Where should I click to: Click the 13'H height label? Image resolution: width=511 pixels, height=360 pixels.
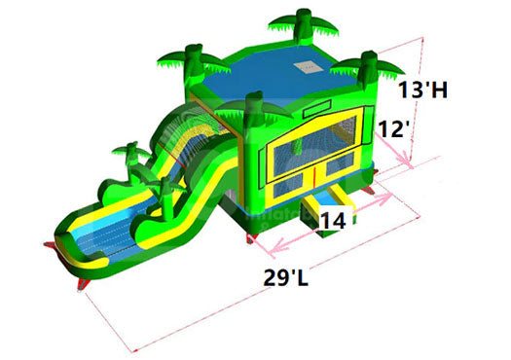click(425, 90)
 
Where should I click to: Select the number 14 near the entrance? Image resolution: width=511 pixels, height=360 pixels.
click(333, 221)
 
